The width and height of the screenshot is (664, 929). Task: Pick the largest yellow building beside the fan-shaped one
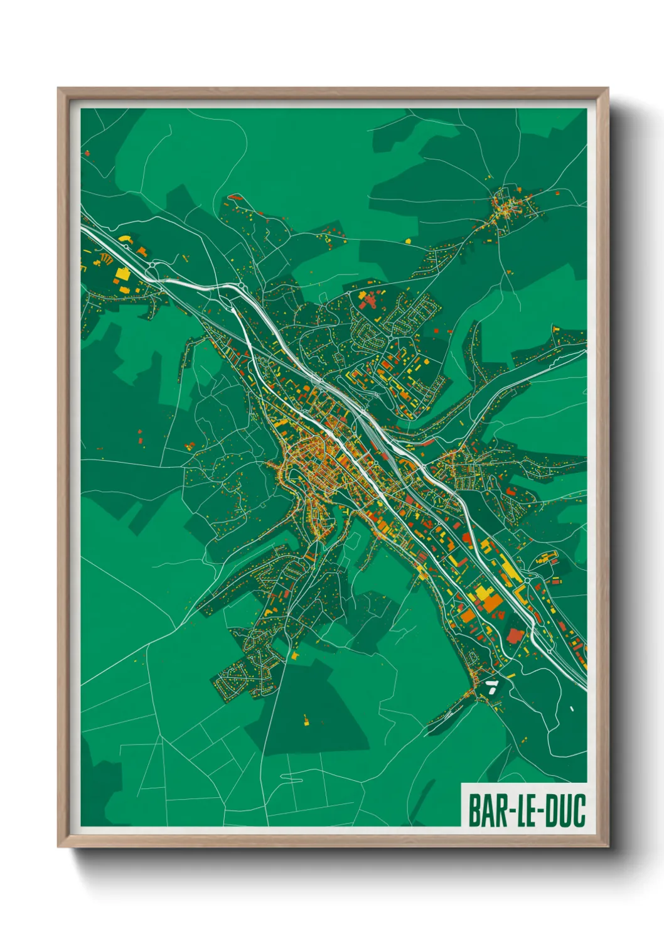[122, 274]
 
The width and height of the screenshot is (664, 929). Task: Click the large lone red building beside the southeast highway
[514, 636]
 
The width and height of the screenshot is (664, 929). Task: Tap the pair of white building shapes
[491, 685]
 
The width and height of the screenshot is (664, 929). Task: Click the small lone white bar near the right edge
[572, 709]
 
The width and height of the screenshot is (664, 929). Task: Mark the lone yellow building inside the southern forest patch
[306, 719]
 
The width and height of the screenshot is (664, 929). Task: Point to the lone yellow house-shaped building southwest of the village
[408, 240]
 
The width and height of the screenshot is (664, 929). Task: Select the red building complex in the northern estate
[366, 301]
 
